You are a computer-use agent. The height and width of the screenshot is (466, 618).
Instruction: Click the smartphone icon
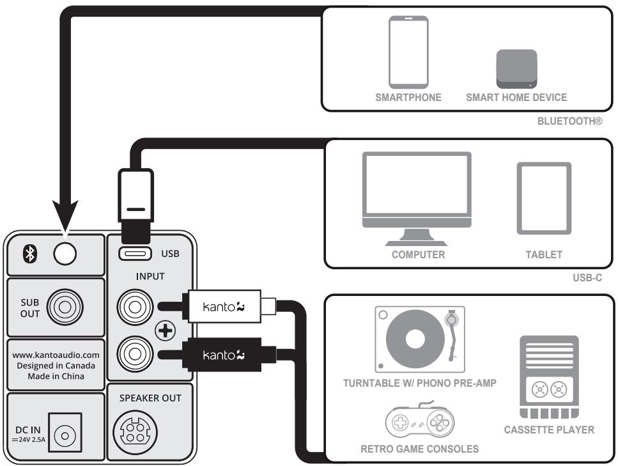[x=409, y=52]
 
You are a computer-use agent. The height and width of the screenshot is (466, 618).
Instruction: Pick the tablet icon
[x=544, y=199]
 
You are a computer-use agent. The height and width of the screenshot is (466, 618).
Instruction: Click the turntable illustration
[x=420, y=339]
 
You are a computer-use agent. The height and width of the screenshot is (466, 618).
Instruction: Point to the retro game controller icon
[x=420, y=421]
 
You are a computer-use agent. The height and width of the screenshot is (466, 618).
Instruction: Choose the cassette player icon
[x=549, y=377]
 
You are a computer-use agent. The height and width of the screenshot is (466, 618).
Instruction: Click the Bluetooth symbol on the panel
[x=28, y=254]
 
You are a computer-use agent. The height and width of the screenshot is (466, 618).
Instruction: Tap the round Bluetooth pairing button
[x=65, y=253]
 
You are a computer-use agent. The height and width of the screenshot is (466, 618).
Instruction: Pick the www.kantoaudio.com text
[x=56, y=353]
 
